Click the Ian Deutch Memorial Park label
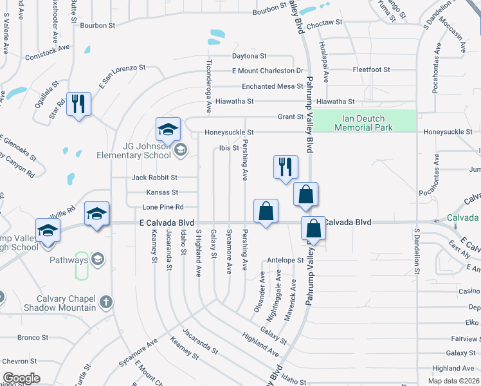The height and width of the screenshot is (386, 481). point(364,123)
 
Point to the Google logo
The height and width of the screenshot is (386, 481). point(21,378)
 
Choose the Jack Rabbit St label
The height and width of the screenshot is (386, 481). point(154,177)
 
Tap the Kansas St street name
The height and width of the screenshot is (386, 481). point(162,192)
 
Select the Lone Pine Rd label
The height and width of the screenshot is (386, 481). point(163,207)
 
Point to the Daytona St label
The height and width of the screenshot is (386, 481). point(249,56)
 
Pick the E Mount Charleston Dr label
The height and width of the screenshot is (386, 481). point(268,71)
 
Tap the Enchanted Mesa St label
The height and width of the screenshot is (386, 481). point(272,86)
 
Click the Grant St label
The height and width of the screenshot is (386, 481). point(290,117)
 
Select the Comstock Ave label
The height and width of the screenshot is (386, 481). point(47,52)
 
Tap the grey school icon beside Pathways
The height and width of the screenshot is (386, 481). point(98,259)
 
